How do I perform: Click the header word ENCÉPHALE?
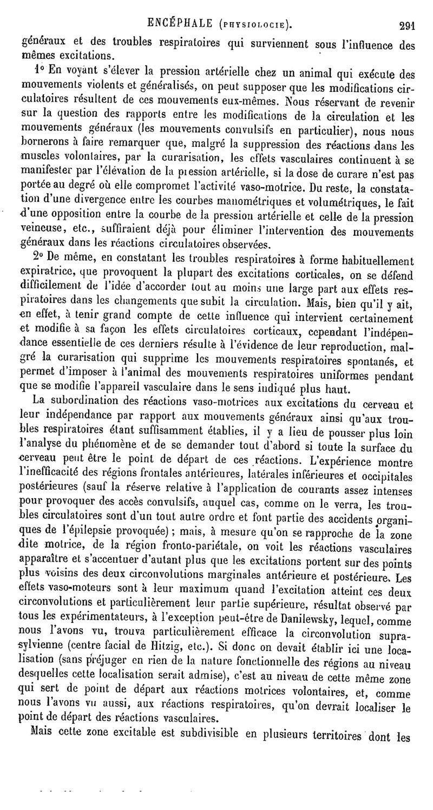(177, 23)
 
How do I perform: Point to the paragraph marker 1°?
(37, 70)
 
